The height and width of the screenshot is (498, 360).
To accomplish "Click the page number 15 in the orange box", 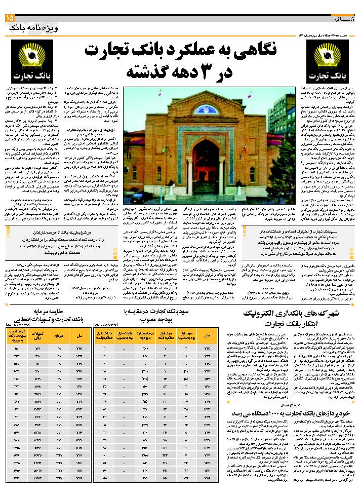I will coord(10,19).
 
